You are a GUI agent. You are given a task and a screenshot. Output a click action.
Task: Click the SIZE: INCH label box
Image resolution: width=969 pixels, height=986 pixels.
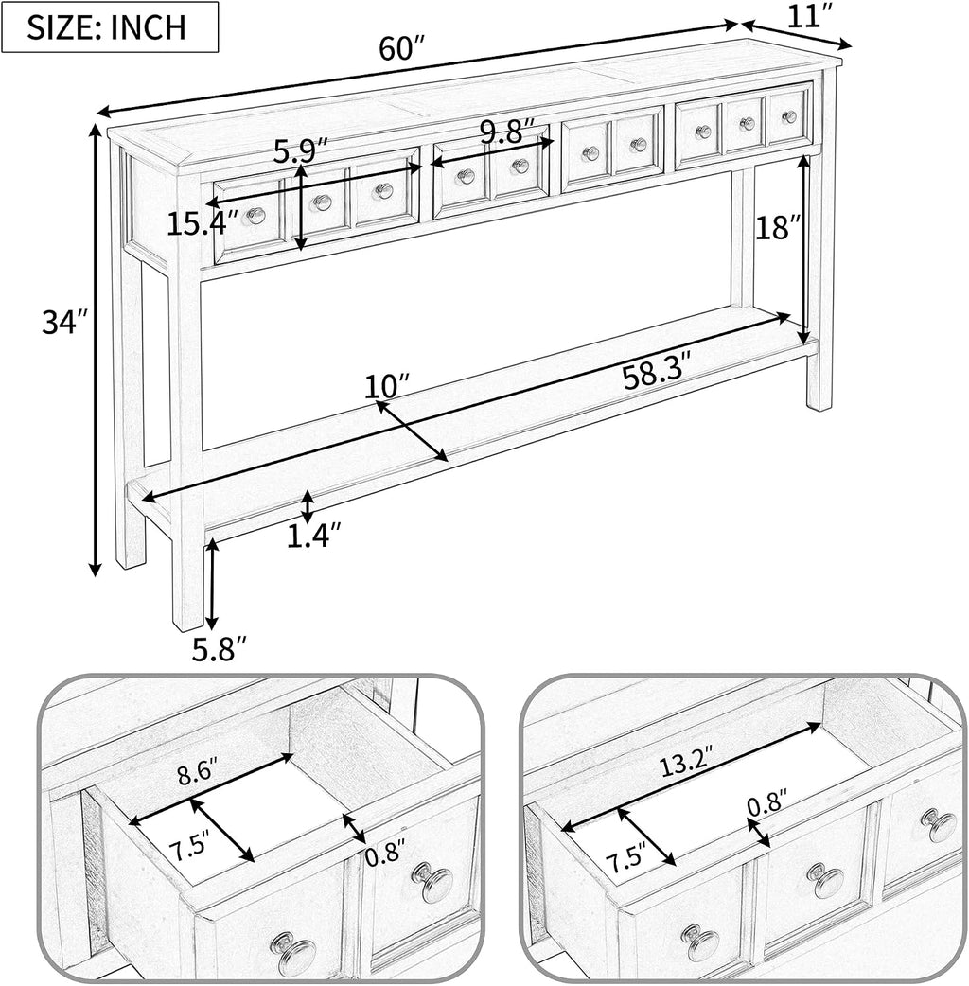click(110, 26)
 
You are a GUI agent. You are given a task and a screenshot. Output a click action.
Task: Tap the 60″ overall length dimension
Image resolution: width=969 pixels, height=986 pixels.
click(402, 48)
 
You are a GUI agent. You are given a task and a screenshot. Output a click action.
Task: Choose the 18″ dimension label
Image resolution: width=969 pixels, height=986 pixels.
click(777, 228)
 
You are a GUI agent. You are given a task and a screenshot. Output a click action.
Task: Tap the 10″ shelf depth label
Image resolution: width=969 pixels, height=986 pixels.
click(387, 385)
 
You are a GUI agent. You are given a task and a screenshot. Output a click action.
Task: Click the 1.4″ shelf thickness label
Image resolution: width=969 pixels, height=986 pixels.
click(314, 536)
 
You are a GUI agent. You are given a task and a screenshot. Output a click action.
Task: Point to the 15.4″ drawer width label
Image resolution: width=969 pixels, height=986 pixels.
click(203, 224)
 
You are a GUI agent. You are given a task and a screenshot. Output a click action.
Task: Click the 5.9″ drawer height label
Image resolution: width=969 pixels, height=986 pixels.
click(301, 150)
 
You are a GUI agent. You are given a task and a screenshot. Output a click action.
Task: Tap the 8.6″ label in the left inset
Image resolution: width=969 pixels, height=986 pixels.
click(197, 773)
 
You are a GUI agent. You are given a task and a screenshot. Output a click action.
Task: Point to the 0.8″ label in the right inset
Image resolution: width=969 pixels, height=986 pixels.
click(767, 803)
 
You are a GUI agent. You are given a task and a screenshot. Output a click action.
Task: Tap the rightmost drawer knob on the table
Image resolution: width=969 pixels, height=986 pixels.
click(789, 116)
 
